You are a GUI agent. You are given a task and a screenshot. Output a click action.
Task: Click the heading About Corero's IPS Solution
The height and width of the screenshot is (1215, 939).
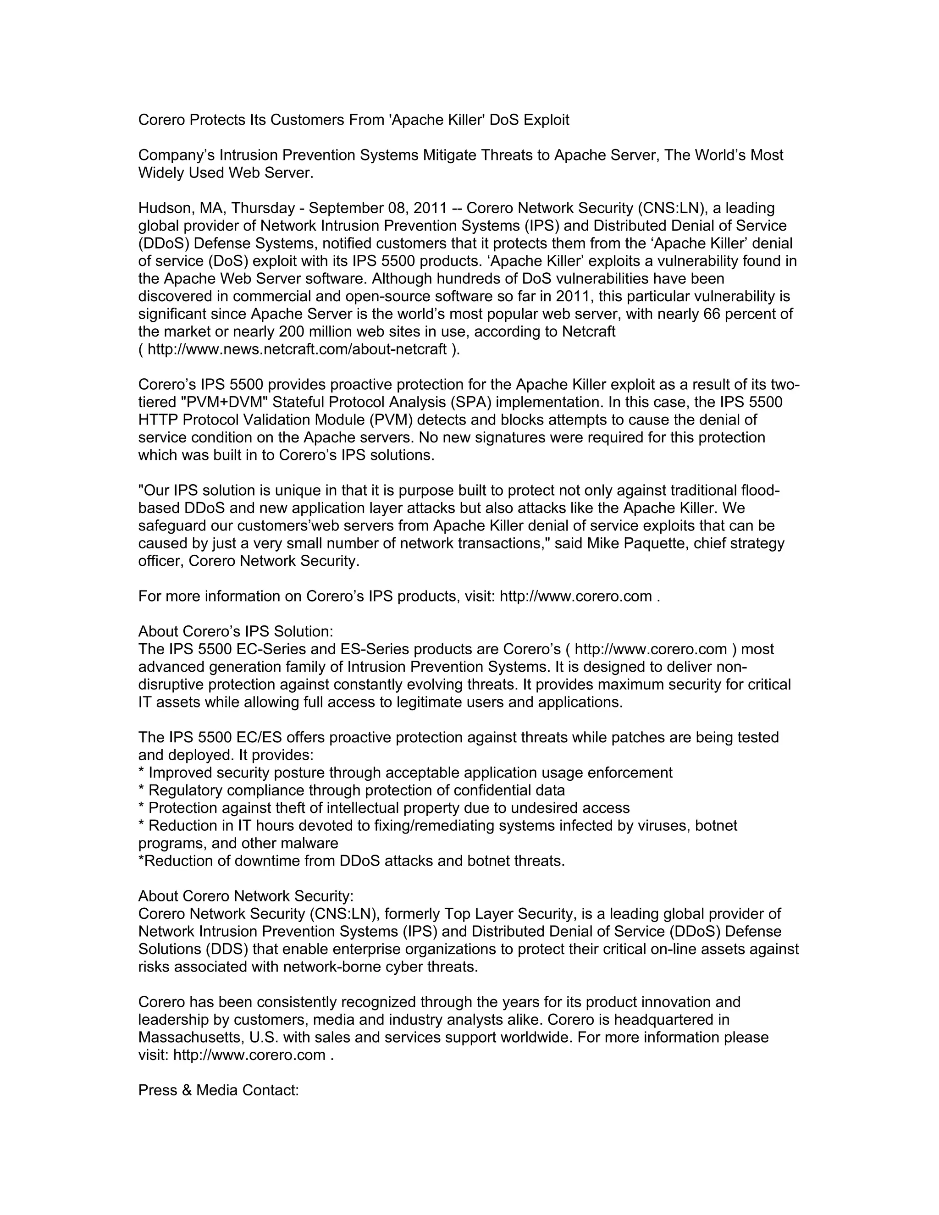[236, 632]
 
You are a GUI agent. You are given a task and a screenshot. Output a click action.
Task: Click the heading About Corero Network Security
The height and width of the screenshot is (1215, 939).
[246, 896]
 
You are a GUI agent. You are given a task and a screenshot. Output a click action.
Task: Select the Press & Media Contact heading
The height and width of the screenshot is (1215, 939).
[219, 1090]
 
